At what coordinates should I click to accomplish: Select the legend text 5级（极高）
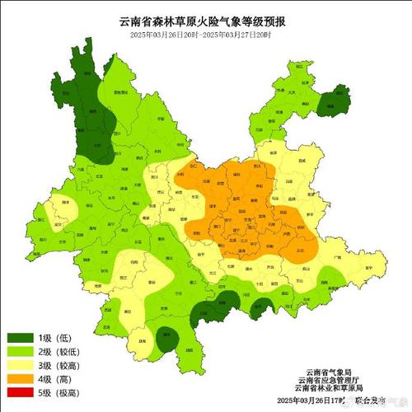[71, 394]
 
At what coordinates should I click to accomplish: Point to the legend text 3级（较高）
[71, 366]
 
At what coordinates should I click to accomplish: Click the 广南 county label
[337, 258]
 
